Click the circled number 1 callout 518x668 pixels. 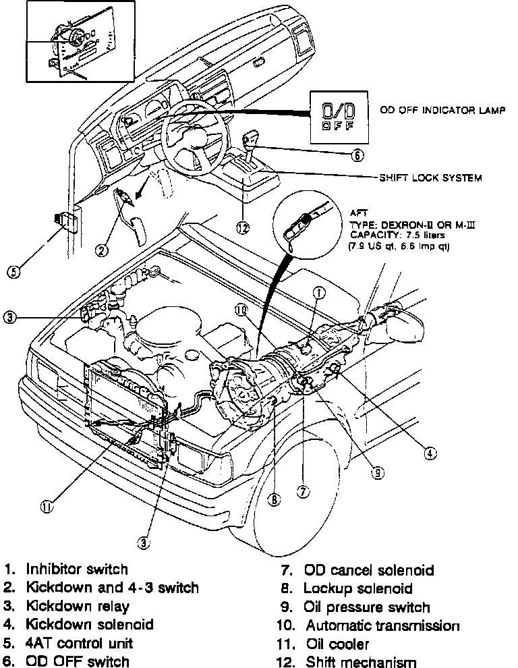(319, 292)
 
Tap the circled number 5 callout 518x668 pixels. (12, 272)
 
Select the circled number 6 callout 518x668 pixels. (357, 156)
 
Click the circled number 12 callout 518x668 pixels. (243, 227)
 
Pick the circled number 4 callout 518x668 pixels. (430, 453)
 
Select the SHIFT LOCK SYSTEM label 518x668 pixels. (430, 178)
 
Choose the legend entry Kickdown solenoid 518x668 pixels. (89, 625)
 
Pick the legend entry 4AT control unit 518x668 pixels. (79, 643)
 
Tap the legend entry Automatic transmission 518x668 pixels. (382, 625)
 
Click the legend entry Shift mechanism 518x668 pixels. (361, 661)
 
